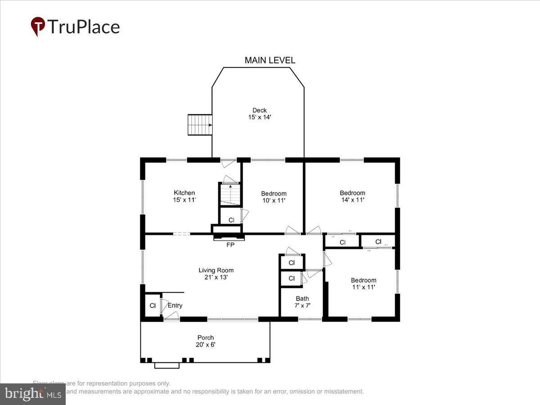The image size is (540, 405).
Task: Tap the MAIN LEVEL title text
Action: tap(270, 60)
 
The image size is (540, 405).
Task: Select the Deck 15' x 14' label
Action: tap(259, 113)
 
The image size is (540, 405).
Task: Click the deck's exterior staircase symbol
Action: tap(200, 125)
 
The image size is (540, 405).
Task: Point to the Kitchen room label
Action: tap(184, 196)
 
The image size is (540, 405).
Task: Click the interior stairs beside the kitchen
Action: tap(230, 194)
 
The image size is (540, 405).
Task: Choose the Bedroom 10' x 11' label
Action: tap(274, 197)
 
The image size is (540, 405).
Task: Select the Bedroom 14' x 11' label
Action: tap(352, 196)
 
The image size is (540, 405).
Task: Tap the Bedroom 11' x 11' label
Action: tap(363, 283)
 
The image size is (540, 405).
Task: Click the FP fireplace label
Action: tap(229, 244)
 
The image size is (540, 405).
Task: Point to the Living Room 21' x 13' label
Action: tap(216, 274)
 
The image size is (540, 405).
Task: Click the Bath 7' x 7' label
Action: tap(302, 301)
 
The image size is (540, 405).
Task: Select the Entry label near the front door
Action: tap(175, 306)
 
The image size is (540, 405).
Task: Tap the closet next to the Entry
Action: tap(152, 306)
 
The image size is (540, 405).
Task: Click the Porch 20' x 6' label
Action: tap(205, 341)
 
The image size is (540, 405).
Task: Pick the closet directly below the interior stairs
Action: tap(231, 220)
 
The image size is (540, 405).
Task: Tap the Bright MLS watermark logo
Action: tap(32, 394)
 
